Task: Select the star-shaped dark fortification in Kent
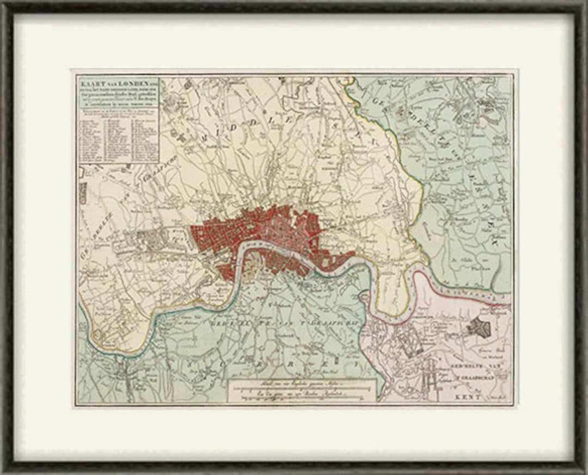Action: tap(479, 327)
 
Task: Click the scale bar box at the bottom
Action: tap(302, 390)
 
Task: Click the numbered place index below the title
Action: tap(119, 139)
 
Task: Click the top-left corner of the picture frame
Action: tap(4, 4)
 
